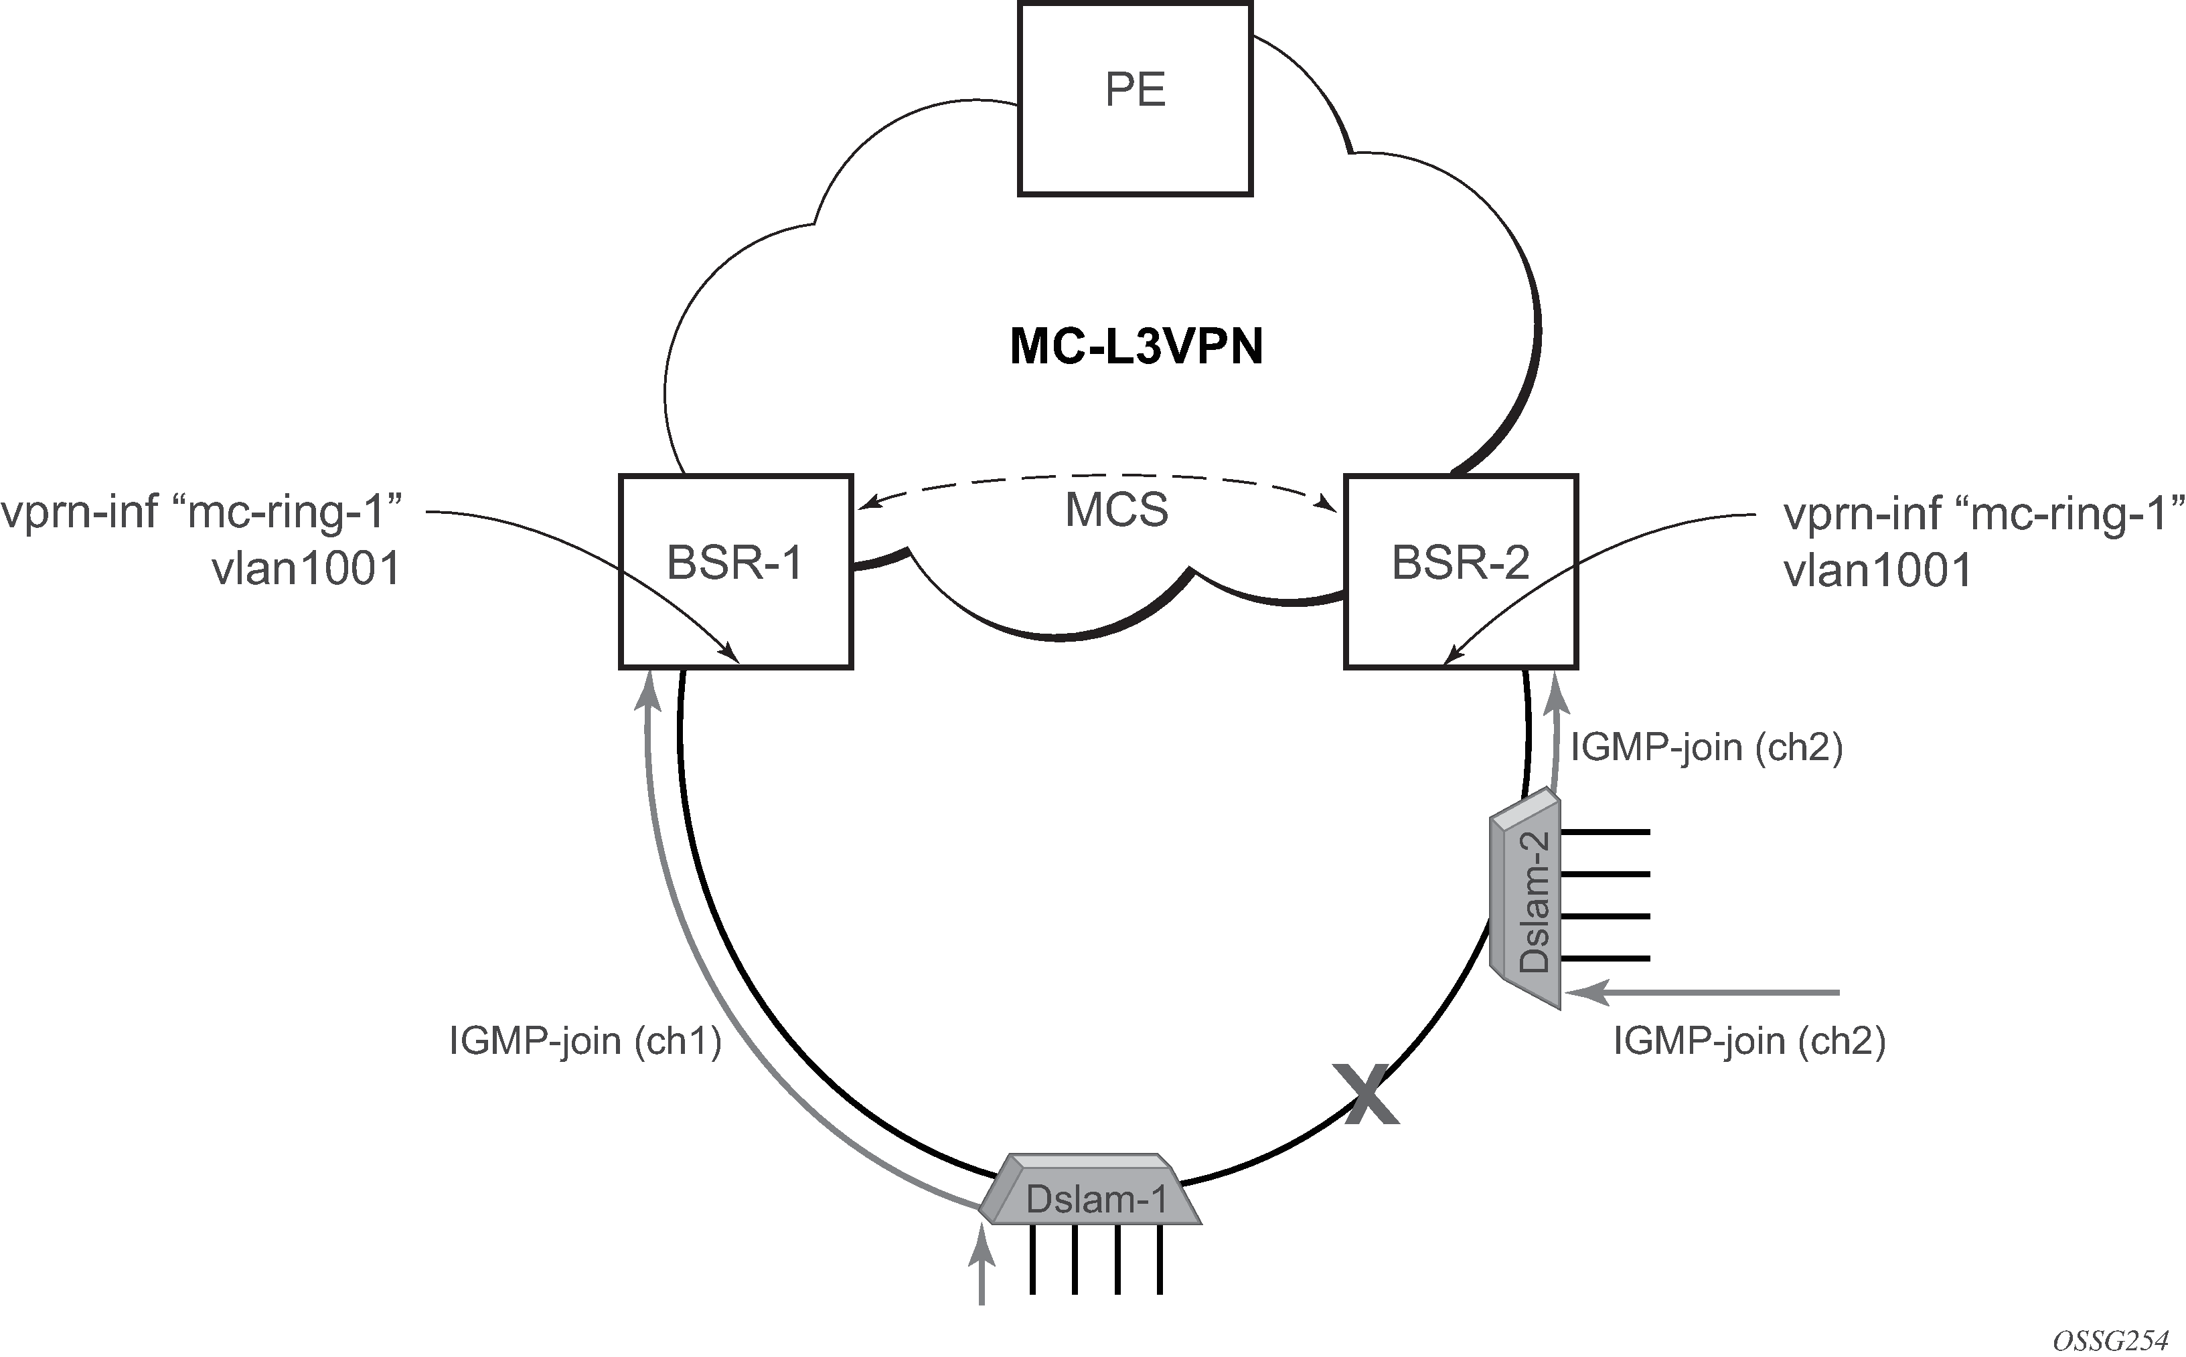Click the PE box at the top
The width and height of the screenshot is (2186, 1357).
pyautogui.click(x=1135, y=99)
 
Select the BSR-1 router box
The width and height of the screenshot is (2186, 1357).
pyautogui.click(x=735, y=571)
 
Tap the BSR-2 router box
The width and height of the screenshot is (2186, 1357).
pyautogui.click(x=1461, y=571)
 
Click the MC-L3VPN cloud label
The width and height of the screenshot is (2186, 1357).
pyautogui.click(x=1137, y=347)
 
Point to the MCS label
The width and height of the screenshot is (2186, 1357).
pyautogui.click(x=1117, y=511)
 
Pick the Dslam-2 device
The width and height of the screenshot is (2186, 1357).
pyautogui.click(x=1526, y=901)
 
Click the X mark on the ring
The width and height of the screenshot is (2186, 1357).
pyautogui.click(x=1365, y=1094)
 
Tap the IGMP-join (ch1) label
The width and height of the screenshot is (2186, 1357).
pyautogui.click(x=585, y=1041)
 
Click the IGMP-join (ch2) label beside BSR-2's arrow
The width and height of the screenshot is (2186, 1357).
pyautogui.click(x=1707, y=747)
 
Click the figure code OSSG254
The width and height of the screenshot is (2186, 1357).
pyautogui.click(x=2110, y=1341)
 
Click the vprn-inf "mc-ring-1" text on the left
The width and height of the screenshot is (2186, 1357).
pyautogui.click(x=202, y=513)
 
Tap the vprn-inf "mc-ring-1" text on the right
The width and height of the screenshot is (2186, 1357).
pyautogui.click(x=1983, y=513)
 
